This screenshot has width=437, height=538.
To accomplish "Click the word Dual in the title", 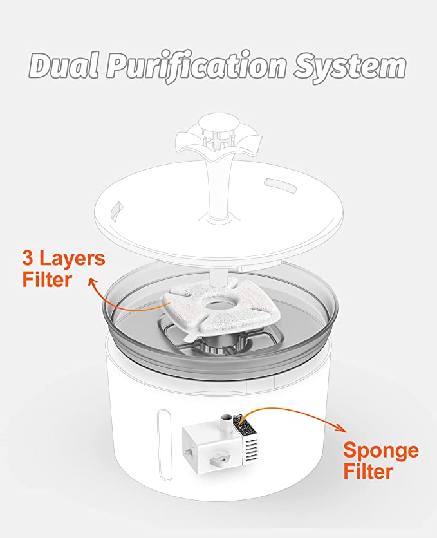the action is pyautogui.click(x=64, y=65).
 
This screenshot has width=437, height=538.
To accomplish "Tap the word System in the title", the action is pyautogui.click(x=350, y=67).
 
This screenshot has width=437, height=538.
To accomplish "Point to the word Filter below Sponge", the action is pyautogui.click(x=368, y=471).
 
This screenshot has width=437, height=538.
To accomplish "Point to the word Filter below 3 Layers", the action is pyautogui.click(x=47, y=279).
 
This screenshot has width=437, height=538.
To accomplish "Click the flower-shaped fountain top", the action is pyautogui.click(x=219, y=136).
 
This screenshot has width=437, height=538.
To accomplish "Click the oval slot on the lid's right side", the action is pyautogui.click(x=281, y=184).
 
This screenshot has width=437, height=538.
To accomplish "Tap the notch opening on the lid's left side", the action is pyautogui.click(x=116, y=209).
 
